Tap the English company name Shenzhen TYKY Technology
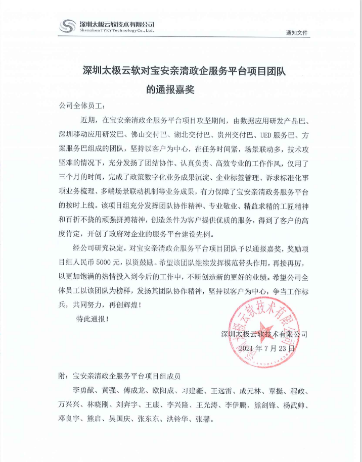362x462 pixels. pyautogui.click(x=116, y=31)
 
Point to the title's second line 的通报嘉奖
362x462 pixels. pyautogui.click(x=170, y=90)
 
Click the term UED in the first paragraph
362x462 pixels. pyautogui.click(x=266, y=136)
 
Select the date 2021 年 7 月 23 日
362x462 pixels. pyautogui.click(x=265, y=348)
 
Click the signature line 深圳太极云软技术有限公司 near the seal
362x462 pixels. pyautogui.click(x=264, y=334)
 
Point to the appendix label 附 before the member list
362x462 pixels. pyautogui.click(x=63, y=376)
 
